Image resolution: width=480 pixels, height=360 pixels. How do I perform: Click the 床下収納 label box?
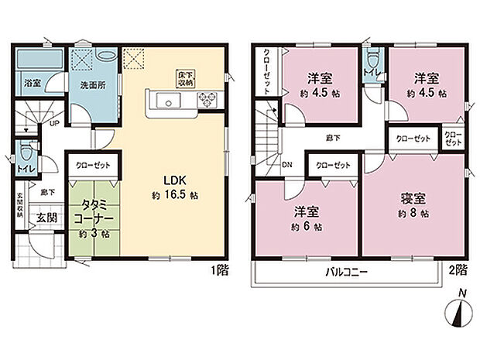coord(187,77)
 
